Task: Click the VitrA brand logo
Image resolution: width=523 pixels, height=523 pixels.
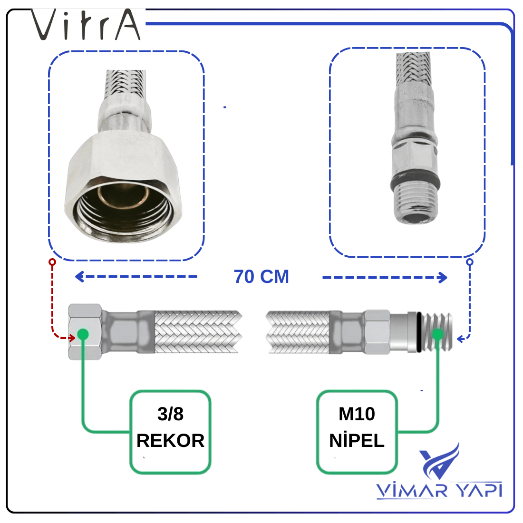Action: click(86, 24)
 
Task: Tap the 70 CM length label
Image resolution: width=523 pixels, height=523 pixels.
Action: click(261, 277)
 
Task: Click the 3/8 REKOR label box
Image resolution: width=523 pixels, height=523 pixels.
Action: click(170, 432)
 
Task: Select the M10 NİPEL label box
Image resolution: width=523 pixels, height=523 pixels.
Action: click(357, 432)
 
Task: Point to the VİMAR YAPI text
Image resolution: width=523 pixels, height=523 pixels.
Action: click(439, 490)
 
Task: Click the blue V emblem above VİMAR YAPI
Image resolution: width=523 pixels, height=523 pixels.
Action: click(439, 461)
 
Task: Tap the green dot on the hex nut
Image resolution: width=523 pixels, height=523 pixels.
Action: click(83, 334)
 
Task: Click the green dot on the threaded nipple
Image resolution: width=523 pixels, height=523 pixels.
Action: click(437, 334)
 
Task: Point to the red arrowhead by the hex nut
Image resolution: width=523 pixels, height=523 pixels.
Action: click(72, 338)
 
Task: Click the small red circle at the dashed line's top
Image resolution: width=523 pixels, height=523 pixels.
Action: click(52, 262)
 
